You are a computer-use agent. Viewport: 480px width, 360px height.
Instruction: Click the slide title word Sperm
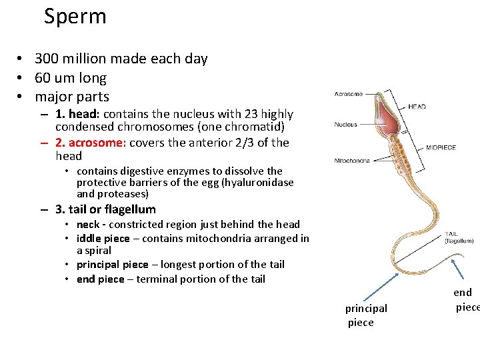75,16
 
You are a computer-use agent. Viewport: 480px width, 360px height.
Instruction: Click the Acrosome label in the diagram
348,94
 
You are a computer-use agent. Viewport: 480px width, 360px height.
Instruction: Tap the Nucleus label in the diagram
345,125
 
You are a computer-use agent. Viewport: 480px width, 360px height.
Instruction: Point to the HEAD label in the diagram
417,107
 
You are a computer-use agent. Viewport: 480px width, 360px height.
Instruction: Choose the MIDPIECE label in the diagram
441,147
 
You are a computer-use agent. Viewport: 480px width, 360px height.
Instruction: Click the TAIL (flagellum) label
459,237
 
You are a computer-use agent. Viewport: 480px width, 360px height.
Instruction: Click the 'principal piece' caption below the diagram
365,315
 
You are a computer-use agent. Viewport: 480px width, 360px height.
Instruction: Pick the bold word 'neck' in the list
88,225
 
